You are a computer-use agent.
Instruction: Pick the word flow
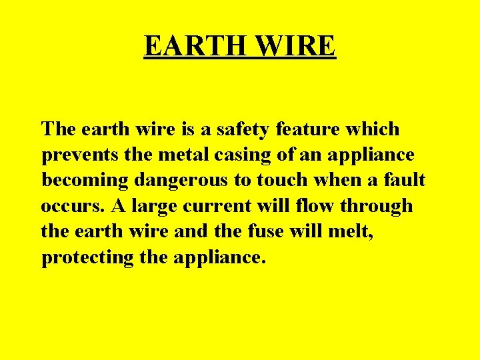(317, 206)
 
